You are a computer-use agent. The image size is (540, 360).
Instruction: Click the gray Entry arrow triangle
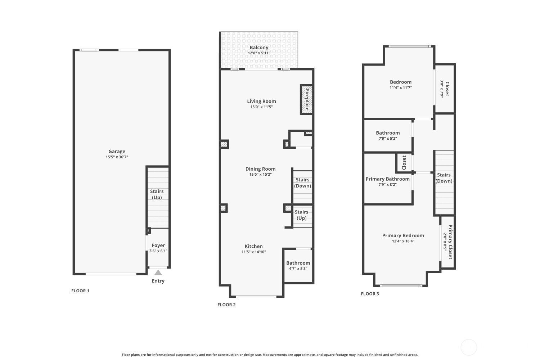point(158,273)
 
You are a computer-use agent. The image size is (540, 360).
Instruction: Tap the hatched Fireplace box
point(307,99)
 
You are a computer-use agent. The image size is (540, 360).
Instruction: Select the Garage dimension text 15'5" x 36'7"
point(117,157)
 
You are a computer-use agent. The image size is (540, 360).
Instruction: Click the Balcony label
point(259,48)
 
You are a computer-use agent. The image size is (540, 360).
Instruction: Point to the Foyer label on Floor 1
point(158,245)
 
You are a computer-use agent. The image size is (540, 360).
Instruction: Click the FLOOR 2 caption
point(226,305)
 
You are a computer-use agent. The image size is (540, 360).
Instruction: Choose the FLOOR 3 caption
point(370,294)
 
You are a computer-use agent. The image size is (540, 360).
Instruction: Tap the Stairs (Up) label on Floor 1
point(157,194)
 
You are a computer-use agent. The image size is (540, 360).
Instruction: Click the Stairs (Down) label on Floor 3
point(444,178)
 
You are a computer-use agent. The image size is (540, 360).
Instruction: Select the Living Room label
point(261,101)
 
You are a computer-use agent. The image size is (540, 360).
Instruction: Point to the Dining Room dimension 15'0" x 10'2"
point(260,175)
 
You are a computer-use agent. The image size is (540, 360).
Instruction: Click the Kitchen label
point(253,246)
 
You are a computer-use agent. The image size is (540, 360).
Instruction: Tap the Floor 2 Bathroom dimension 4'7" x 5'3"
point(298,269)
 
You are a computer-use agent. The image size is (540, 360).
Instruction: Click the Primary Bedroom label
point(403,235)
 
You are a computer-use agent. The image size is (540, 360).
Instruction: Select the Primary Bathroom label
point(387,179)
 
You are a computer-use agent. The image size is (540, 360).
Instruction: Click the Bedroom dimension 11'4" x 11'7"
point(401,88)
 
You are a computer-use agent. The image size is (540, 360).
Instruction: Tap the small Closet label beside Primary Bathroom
point(404,162)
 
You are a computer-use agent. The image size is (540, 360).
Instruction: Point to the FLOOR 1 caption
point(80,291)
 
